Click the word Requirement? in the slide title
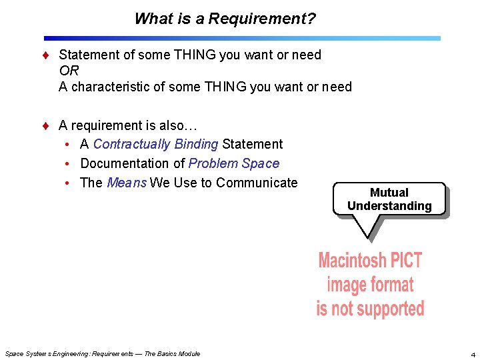click(x=262, y=19)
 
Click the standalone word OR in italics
click(x=69, y=71)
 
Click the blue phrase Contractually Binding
click(x=155, y=144)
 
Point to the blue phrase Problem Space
click(x=234, y=163)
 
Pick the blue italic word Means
click(x=127, y=183)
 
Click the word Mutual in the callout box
click(x=389, y=193)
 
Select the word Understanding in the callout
click(x=389, y=206)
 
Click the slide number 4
click(x=472, y=354)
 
